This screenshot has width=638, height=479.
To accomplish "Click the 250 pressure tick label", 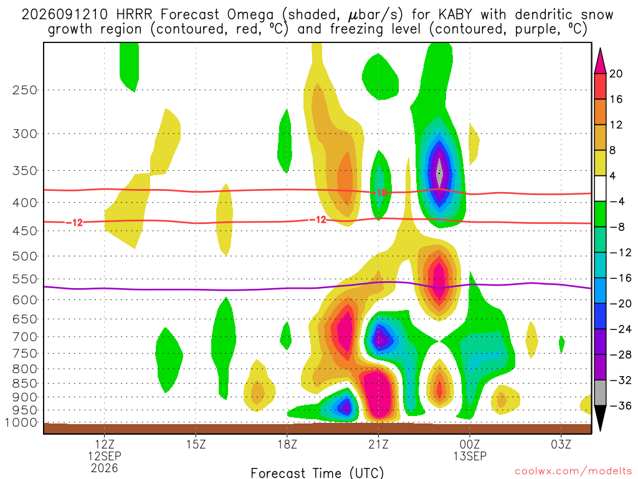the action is [25, 90].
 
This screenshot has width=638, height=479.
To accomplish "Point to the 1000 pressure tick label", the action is [21, 422].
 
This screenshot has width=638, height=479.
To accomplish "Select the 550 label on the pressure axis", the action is [25, 279].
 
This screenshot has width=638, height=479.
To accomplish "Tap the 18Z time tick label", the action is [287, 444].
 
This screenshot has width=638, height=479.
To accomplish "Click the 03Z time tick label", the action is [561, 444].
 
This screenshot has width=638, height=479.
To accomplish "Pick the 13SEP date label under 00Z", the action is [470, 456].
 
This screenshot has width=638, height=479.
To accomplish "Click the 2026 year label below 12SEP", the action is [105, 468].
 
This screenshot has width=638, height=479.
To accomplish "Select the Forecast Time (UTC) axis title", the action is [317, 473].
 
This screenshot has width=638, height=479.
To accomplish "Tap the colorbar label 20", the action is [616, 74].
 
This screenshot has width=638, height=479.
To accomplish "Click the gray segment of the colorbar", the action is [600, 393].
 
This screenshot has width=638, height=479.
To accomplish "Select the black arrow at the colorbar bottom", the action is [600, 416].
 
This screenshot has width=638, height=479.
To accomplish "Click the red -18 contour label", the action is [381, 192].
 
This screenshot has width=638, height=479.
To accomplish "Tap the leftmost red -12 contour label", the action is [75, 223].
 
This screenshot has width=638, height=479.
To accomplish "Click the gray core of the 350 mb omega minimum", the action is [439, 173].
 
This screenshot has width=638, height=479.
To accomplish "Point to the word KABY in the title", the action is [455, 15].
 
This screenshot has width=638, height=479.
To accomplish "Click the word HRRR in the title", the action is [134, 15].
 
